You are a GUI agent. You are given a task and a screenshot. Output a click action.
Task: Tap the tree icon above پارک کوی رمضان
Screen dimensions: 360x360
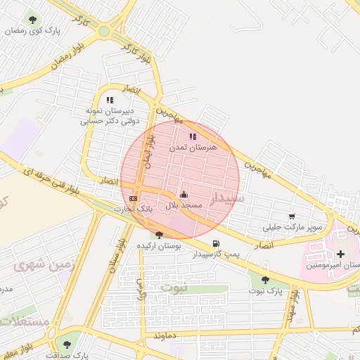[x=32, y=19]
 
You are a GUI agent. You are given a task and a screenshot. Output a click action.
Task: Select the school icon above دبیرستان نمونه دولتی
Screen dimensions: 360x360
[x=110, y=101]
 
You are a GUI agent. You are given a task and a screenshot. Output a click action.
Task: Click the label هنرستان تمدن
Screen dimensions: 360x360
[x=193, y=148]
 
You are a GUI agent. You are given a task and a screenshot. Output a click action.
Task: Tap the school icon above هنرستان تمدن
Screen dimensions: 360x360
[x=193, y=137]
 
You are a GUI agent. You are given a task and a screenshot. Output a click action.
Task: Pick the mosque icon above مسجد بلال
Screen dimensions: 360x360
[x=184, y=194]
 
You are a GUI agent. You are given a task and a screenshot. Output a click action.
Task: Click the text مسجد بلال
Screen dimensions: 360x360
[x=184, y=205]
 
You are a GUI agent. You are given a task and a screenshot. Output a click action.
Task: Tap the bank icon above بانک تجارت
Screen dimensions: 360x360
[x=134, y=199]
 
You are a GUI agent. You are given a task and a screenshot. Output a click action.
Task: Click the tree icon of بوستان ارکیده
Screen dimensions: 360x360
[x=160, y=236]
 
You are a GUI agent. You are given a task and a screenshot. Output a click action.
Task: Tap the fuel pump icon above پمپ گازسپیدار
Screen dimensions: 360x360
[x=215, y=243]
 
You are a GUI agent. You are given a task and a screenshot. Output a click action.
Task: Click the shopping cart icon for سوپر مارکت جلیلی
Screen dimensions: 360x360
[x=292, y=216]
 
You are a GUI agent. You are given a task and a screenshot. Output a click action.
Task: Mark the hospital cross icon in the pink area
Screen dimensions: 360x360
[x=341, y=254]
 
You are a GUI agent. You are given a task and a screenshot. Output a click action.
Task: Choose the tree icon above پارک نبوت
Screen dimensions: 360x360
[x=265, y=280]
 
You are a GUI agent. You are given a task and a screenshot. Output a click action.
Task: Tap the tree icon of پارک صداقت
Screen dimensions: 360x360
[x=67, y=345]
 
